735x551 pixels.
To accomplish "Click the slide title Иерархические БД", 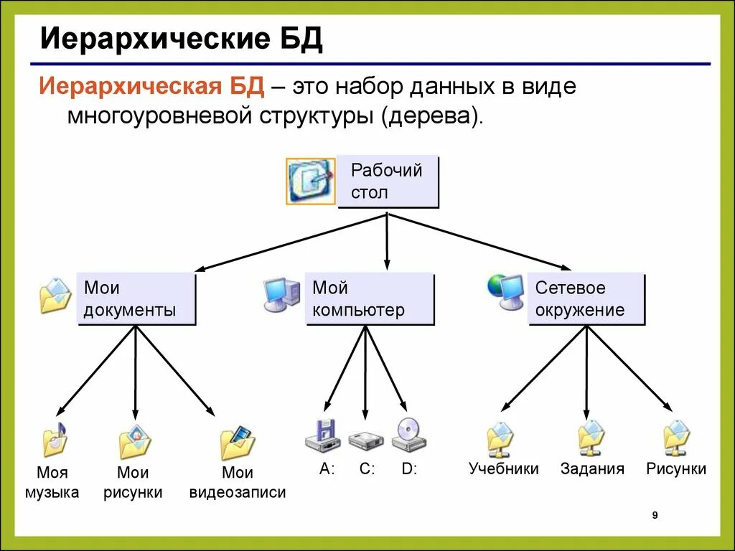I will [x=181, y=40].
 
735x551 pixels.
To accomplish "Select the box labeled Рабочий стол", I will [x=388, y=182].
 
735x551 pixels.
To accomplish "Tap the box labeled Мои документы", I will [x=136, y=298].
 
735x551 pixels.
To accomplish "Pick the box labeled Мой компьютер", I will [x=369, y=298].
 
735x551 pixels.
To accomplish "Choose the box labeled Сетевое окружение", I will [x=586, y=298].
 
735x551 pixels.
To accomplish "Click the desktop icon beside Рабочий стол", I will [x=310, y=181].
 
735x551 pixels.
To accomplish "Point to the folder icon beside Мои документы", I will [x=55, y=296].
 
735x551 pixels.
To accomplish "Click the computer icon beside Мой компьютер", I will [x=281, y=294].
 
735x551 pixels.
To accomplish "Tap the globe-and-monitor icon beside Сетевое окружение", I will [x=505, y=291].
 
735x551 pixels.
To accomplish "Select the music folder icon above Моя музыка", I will [x=55, y=439].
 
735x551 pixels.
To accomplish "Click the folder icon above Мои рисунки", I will [x=135, y=442].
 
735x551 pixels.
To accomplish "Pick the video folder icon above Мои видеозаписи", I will [x=238, y=443].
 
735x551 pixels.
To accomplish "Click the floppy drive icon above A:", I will [x=321, y=435].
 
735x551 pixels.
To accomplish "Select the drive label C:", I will [x=367, y=470].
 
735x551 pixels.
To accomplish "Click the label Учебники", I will [x=503, y=469].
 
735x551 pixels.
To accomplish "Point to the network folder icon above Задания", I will [x=591, y=438].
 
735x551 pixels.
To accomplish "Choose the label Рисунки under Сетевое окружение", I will [x=676, y=469].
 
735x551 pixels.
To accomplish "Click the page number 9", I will [x=655, y=515].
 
